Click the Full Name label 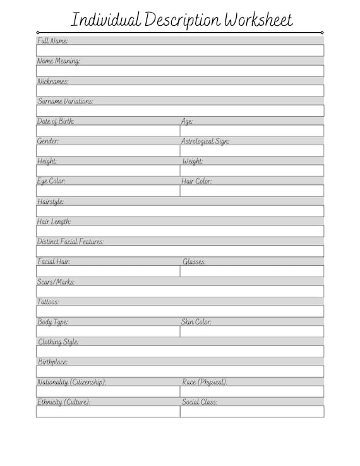point(52,40)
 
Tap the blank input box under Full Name point(180,51)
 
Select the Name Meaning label point(58,61)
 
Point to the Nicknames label point(53,81)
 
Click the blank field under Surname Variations point(180,111)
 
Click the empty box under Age point(252,131)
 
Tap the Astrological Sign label point(205,141)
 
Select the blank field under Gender point(108,151)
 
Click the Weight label point(193,162)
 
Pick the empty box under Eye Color point(108,191)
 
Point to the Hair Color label point(196,181)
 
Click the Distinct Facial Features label point(71,242)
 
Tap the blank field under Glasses point(252,272)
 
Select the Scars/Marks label point(56,282)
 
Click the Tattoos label point(48,302)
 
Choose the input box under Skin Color point(252,332)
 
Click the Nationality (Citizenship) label point(71,382)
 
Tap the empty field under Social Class point(252,412)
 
